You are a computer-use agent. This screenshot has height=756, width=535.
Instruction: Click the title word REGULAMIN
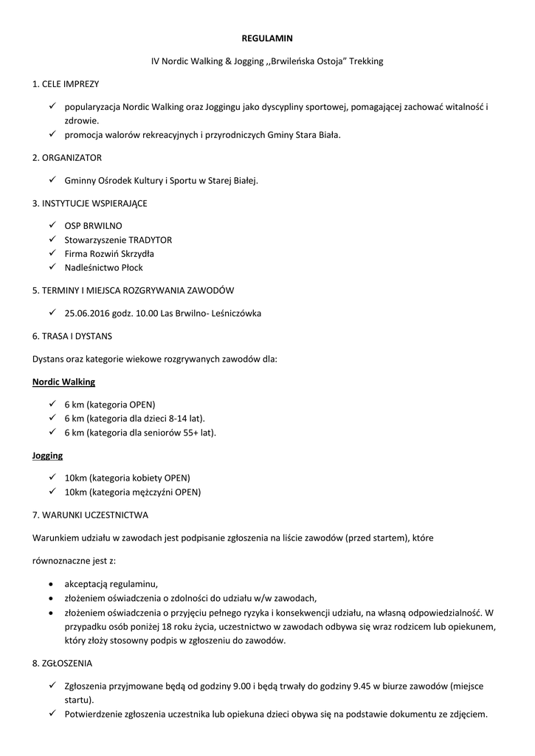[267, 37]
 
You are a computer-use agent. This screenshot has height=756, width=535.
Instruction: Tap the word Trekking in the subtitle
[366, 61]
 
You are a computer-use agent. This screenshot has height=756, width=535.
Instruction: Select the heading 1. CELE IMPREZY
[66, 84]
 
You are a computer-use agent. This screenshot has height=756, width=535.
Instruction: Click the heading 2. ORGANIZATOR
[67, 158]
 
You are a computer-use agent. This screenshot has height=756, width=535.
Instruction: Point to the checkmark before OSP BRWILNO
[52, 225]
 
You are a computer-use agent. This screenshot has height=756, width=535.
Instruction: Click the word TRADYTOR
[151, 240]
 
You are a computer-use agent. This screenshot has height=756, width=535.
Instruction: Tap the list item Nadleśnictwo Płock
[103, 268]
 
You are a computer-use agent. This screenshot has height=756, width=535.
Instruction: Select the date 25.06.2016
[88, 313]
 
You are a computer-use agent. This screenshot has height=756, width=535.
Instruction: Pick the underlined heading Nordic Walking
[63, 382]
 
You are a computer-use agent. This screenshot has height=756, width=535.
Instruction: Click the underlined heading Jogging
[47, 456]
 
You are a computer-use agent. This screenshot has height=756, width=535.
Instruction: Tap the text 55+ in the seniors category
[190, 433]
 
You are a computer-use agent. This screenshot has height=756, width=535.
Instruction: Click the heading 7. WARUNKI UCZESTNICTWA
[91, 515]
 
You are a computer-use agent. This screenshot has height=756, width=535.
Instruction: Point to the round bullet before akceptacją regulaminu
[49, 584]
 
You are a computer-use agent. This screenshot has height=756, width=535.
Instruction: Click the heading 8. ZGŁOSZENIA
[63, 664]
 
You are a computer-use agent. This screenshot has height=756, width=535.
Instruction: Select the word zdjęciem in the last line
[465, 714]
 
